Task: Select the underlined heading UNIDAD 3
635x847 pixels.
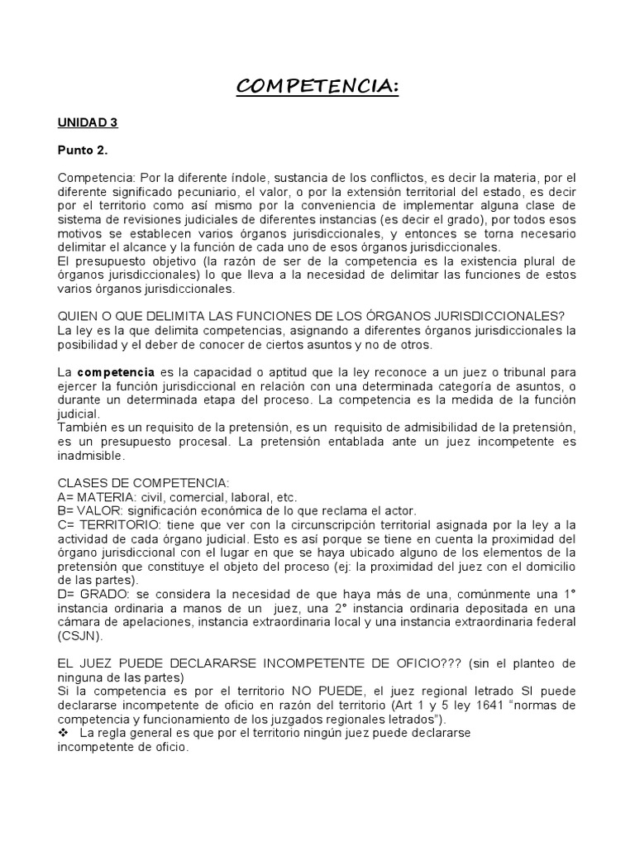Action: (88, 122)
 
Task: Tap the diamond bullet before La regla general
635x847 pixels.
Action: (63, 734)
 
